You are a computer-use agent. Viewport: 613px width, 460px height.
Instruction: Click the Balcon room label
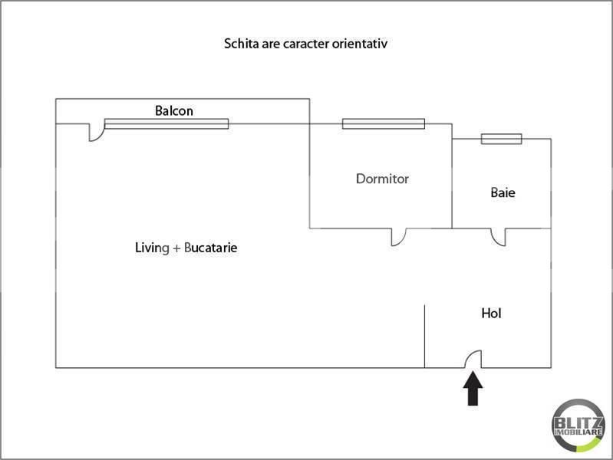174,110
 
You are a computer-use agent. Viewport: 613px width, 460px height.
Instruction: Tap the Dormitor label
382,179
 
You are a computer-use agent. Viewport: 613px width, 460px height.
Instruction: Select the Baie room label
503,192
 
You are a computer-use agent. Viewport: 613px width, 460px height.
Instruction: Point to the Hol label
491,313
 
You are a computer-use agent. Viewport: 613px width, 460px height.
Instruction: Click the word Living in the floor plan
151,248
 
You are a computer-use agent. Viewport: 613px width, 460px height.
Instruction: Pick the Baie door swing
499,237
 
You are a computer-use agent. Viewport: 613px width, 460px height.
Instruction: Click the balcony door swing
96,133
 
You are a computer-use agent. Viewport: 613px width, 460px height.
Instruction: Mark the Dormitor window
383,123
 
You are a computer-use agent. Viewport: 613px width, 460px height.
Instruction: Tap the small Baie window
501,139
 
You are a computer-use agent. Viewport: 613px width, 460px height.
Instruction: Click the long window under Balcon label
166,123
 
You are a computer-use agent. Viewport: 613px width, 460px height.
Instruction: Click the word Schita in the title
239,44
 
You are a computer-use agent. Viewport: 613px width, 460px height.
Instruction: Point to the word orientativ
360,44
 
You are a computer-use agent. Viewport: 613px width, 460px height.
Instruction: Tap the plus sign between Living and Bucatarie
176,248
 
